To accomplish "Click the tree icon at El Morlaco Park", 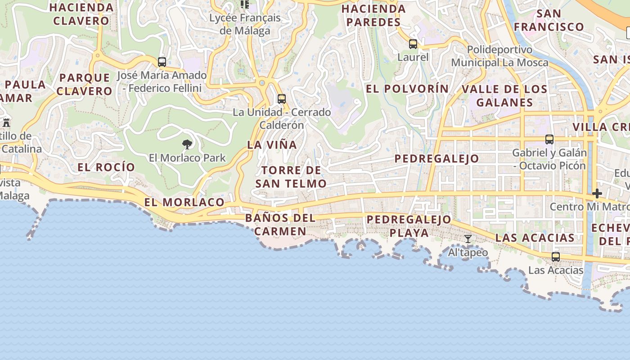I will (x=187, y=144).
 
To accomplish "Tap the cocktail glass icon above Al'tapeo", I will (x=468, y=239).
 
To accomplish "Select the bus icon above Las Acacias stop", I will (x=556, y=257).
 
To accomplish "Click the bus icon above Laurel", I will (x=413, y=44).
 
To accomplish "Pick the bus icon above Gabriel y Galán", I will (x=549, y=139).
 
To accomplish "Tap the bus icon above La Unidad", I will (x=282, y=99).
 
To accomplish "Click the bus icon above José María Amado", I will (x=162, y=62).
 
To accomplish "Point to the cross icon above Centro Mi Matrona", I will (x=597, y=194).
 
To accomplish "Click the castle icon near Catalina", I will (x=6, y=122).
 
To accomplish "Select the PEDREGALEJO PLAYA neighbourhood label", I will (x=409, y=226).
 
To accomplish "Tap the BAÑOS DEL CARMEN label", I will (x=280, y=225).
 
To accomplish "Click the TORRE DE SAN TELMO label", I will (x=291, y=177).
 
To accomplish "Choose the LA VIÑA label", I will (x=272, y=145).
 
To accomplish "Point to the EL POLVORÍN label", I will (x=407, y=89).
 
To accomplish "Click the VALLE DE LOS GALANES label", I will (x=504, y=95).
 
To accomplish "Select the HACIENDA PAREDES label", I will (x=373, y=15).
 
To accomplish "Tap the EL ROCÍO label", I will (x=106, y=167).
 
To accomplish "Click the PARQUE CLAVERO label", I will (x=84, y=84).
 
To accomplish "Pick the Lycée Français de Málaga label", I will (x=245, y=24).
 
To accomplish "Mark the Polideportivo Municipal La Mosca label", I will (x=499, y=56).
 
